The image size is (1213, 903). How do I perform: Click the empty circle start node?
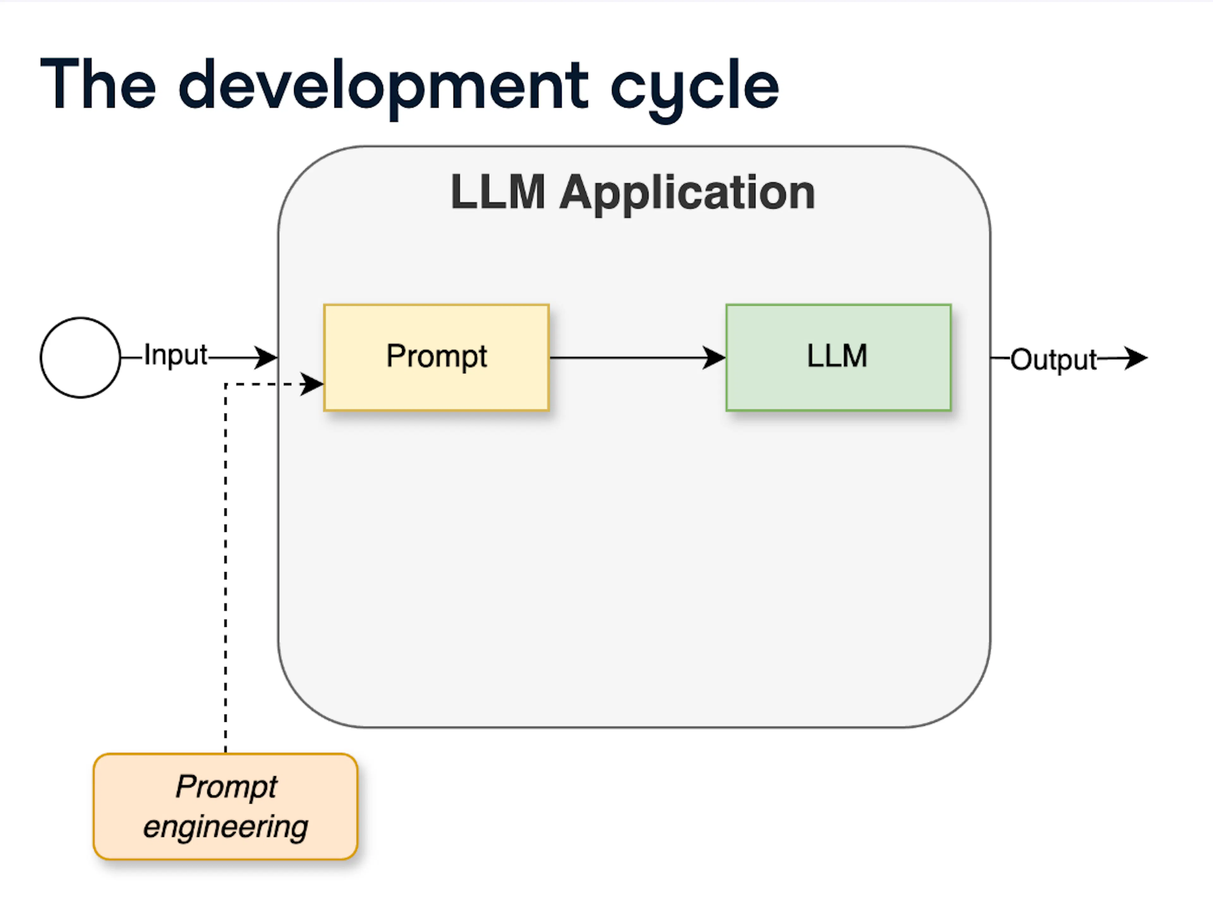(80, 358)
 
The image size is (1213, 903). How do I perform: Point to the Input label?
(175, 355)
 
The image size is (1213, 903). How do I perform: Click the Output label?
(1053, 360)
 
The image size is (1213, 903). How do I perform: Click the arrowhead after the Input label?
(267, 358)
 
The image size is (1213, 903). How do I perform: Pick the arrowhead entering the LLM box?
(714, 358)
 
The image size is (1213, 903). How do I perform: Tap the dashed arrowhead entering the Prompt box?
(312, 384)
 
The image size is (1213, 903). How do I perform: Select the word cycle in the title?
(695, 88)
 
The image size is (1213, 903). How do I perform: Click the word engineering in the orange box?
(225, 826)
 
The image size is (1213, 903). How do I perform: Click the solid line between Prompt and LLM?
(628, 358)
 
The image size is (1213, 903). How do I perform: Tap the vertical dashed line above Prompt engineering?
(226, 568)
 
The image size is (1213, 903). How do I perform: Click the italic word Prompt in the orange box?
(226, 787)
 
